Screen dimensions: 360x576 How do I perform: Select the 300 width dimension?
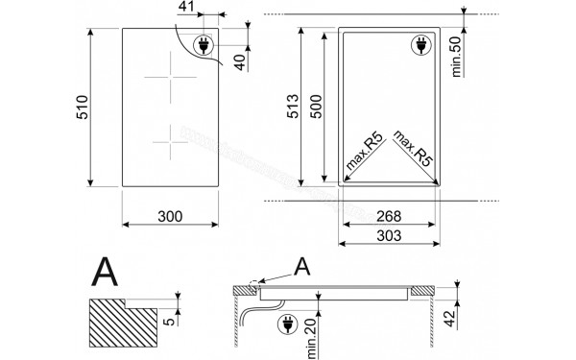pyautogui.click(x=169, y=216)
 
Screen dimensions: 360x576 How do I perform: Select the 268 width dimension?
pyautogui.click(x=388, y=217)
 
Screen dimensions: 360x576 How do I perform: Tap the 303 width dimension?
pyautogui.click(x=388, y=235)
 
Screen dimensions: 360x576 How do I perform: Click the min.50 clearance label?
pyautogui.click(x=458, y=53)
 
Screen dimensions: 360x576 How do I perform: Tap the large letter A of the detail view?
pyautogui.click(x=106, y=273)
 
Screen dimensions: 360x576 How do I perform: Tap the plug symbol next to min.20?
pyautogui.click(x=287, y=325)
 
